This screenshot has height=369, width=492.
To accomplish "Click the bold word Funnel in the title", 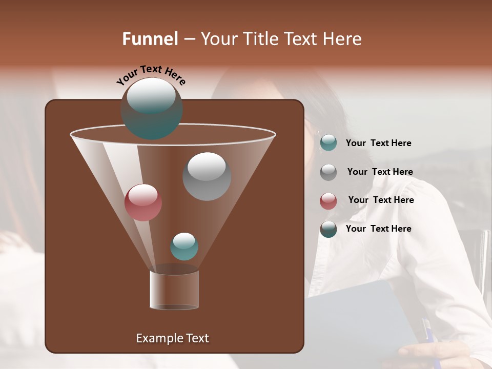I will [x=150, y=39].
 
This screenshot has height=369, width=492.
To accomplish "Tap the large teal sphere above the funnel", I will [x=152, y=108].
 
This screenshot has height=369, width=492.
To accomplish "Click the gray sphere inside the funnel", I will [x=207, y=176].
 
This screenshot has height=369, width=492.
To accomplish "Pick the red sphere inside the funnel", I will [x=143, y=202].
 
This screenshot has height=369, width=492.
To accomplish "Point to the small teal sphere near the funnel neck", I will [x=184, y=246].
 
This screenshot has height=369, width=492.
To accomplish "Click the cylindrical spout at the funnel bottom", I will [x=174, y=290].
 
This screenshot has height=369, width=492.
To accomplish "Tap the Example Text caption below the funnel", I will [x=172, y=338].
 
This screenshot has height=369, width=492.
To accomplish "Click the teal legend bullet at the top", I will [x=329, y=143].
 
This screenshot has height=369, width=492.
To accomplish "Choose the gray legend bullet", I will [x=329, y=172].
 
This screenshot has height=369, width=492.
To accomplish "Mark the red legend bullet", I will [x=329, y=200].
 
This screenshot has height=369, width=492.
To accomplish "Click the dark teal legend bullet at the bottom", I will [x=329, y=229].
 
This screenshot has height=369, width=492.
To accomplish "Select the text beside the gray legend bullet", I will [x=380, y=172].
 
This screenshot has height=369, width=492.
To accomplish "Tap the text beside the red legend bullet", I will [x=381, y=200].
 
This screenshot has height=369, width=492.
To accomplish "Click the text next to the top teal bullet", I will [x=378, y=143].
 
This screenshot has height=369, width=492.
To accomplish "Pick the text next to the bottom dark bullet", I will [x=378, y=229].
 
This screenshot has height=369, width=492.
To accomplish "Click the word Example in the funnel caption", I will [x=156, y=338].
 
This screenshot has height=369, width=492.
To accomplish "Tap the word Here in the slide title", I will [x=341, y=39].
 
